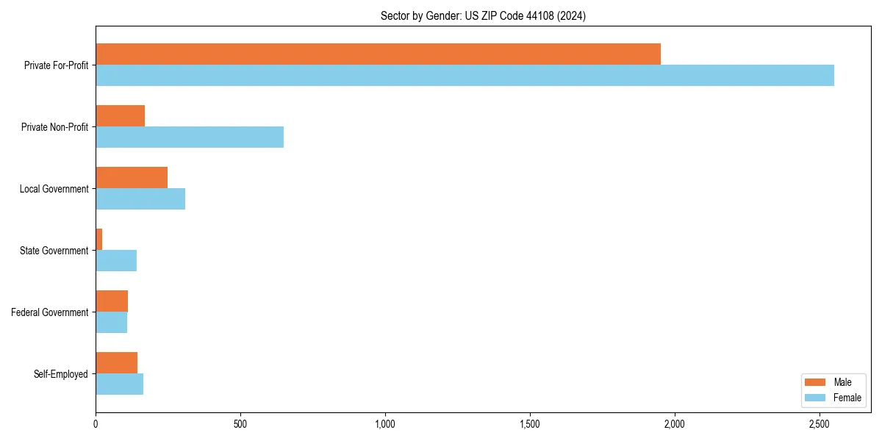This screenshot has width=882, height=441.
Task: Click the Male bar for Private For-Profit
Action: pyautogui.click(x=378, y=54)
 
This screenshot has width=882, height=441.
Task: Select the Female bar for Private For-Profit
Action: pyautogui.click(x=465, y=76)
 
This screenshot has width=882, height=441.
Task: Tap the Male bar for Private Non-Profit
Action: pyautogui.click(x=120, y=116)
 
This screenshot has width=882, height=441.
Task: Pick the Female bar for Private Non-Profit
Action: pyautogui.click(x=190, y=137)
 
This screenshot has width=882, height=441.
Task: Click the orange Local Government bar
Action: pyautogui.click(x=132, y=178)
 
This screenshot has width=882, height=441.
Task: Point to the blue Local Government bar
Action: pyautogui.click(x=140, y=199)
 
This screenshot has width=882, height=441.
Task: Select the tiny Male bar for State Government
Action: pyautogui.click(x=99, y=240)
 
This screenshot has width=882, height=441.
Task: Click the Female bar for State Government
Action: pyautogui.click(x=116, y=261)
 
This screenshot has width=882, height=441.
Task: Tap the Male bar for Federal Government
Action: pyautogui.click(x=112, y=301)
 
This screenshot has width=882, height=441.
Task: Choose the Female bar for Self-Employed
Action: pyautogui.click(x=119, y=384)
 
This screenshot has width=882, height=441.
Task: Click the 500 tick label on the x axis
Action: pyautogui.click(x=240, y=424)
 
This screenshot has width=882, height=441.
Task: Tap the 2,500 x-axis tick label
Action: pyautogui.click(x=820, y=424)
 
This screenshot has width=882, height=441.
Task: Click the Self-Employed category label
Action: pyautogui.click(x=60, y=374)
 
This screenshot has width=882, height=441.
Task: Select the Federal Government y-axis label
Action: pyautogui.click(x=49, y=312)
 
